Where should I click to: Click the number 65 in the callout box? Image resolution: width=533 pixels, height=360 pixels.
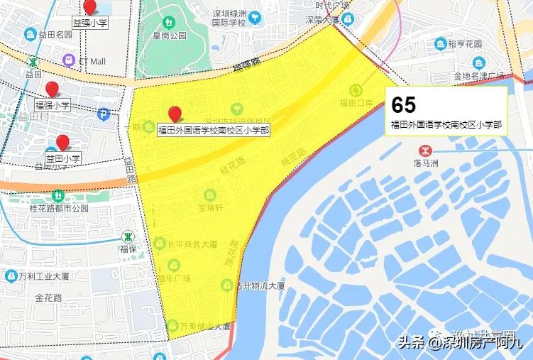[x=404, y=105]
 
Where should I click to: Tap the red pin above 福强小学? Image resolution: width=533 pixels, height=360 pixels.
[x=52, y=89]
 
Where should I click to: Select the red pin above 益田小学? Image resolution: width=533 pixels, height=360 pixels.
[x=62, y=142]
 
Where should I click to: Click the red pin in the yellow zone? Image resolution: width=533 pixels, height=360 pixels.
[x=175, y=114]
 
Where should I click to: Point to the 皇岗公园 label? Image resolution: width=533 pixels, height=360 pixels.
[x=170, y=34]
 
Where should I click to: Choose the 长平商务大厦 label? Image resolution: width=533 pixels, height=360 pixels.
[x=192, y=244]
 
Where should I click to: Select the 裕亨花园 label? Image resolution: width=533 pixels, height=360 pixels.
[x=465, y=44]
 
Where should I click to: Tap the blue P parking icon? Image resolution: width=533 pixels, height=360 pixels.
[x=104, y=113]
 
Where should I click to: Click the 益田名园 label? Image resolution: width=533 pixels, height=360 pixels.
[x=54, y=34]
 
